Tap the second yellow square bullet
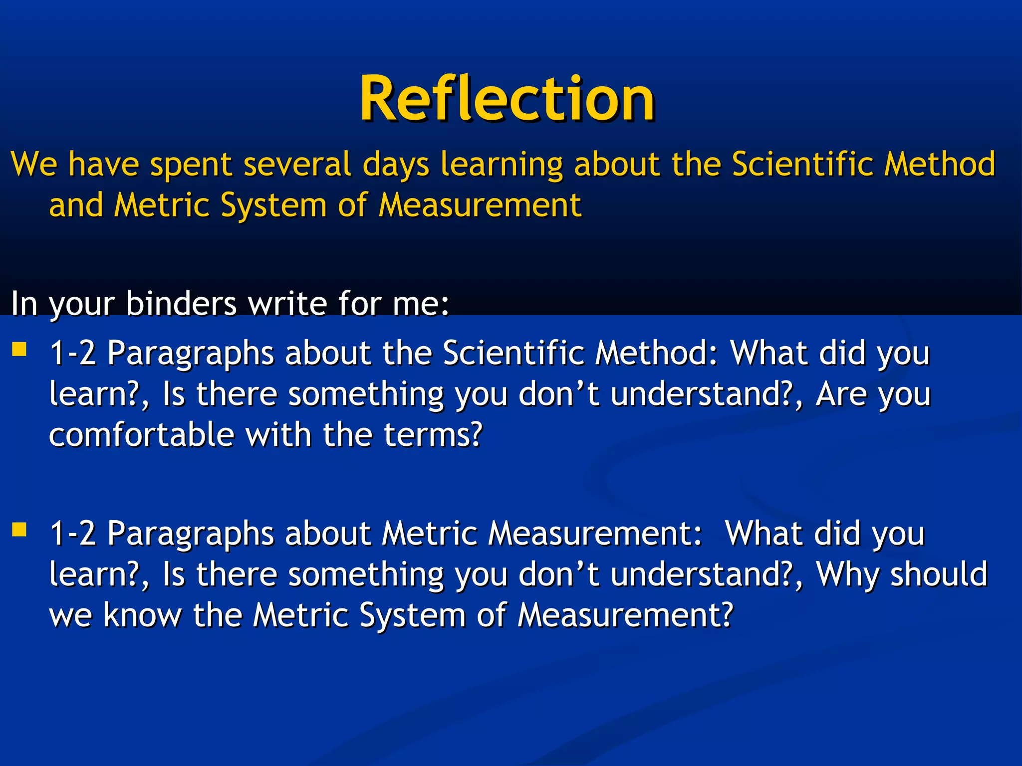tap(19, 529)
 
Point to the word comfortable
tap(142, 434)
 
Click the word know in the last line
tap(142, 615)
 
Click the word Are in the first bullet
tap(841, 394)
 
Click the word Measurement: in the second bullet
tap(595, 534)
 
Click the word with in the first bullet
tap(279, 434)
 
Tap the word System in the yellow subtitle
tap(273, 206)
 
